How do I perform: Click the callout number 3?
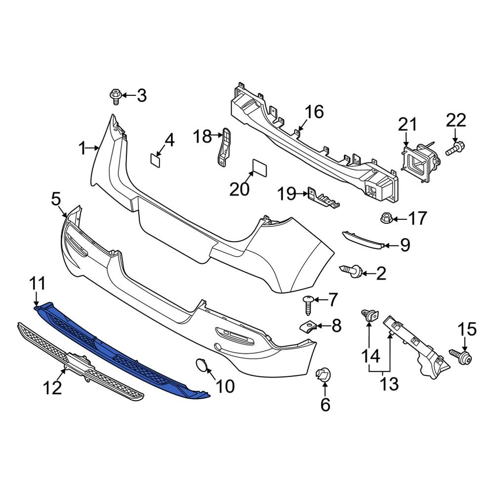142,95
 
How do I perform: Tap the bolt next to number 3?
115,96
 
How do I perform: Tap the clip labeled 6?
323,376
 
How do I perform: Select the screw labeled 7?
308,303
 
